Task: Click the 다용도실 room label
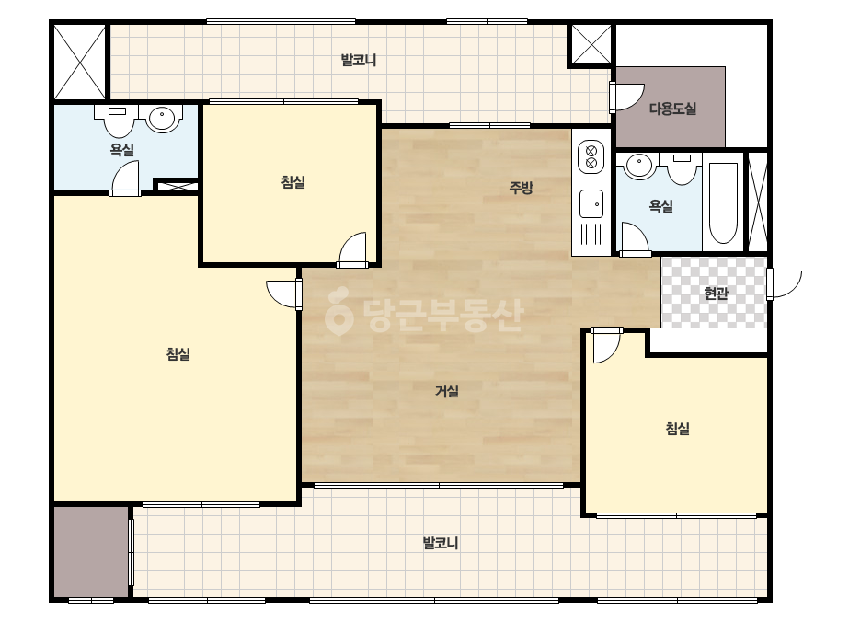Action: (672, 109)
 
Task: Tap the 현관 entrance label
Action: (716, 294)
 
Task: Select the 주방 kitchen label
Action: (521, 188)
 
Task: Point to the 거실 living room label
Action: (447, 391)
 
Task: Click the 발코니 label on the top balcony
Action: (359, 60)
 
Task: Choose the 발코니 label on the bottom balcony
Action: (441, 542)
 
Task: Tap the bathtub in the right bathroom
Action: (723, 202)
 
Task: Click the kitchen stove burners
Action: (591, 156)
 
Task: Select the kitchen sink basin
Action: (591, 203)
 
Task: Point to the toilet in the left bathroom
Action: (119, 121)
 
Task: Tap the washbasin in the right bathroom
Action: (639, 166)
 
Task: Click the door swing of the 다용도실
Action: (626, 98)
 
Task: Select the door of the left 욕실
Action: (125, 179)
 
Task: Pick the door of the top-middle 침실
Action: (353, 249)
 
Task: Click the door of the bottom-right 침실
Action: (606, 345)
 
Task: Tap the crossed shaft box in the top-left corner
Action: (80, 62)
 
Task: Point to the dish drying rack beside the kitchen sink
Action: (591, 234)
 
